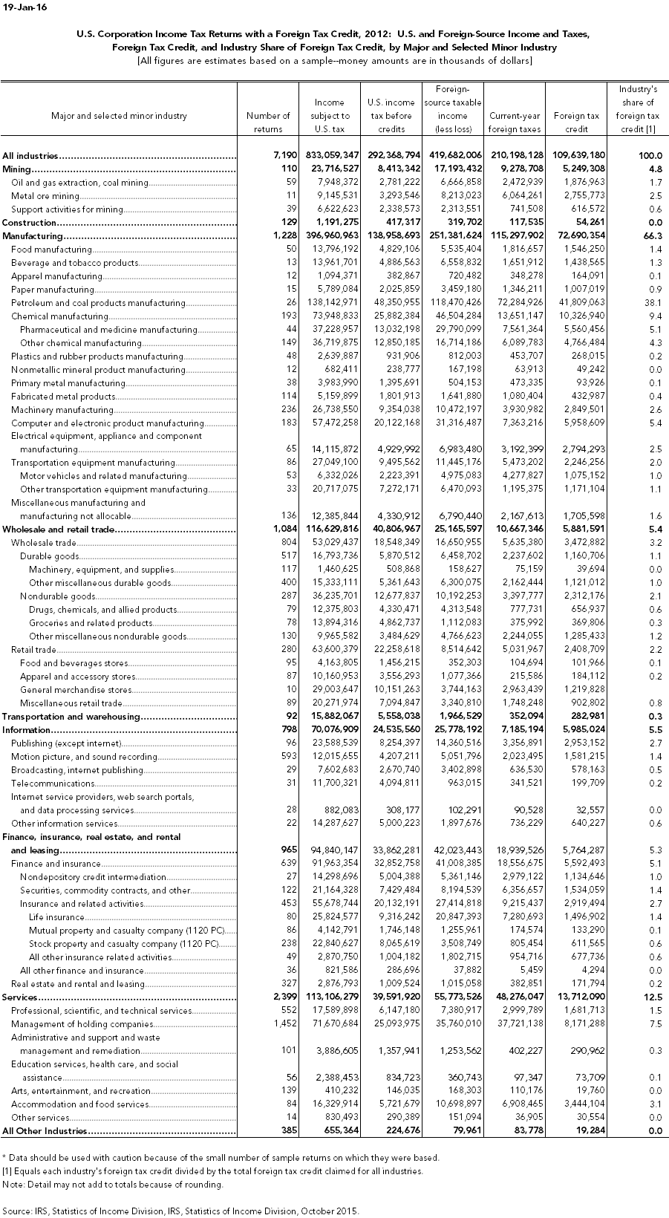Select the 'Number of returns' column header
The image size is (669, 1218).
(x=268, y=122)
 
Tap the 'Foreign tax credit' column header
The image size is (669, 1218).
(x=576, y=122)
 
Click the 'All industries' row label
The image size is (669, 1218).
(x=30, y=156)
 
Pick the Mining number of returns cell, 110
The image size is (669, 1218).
(x=289, y=169)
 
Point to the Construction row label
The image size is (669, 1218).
(x=30, y=223)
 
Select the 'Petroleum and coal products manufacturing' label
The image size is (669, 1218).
(x=98, y=303)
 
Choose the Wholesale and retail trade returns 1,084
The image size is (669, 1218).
(x=284, y=530)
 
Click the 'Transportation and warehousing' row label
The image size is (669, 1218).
(x=71, y=717)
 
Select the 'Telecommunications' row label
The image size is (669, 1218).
(x=53, y=784)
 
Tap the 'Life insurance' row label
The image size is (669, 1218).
(x=56, y=917)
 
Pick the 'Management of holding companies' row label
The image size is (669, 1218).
(x=82, y=1024)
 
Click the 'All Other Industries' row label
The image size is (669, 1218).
(x=45, y=1131)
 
